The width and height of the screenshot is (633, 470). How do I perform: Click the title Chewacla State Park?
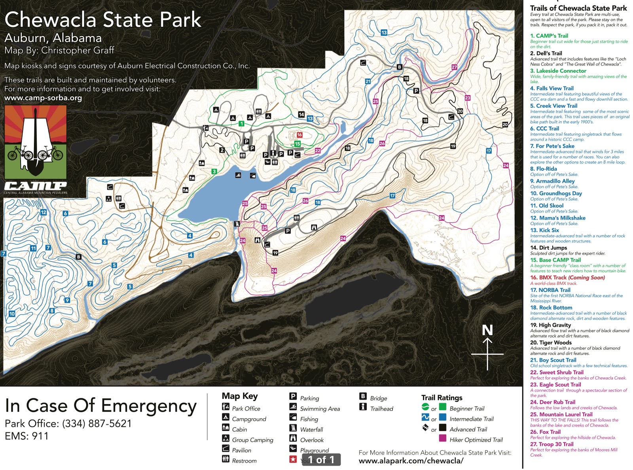click(103, 20)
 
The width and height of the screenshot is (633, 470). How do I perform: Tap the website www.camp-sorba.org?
click(43, 98)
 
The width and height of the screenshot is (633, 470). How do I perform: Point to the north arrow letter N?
click(487, 330)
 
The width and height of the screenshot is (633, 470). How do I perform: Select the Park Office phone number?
click(97, 423)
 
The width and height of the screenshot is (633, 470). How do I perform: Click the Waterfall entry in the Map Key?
click(311, 429)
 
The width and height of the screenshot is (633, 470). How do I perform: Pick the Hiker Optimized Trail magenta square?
click(443, 438)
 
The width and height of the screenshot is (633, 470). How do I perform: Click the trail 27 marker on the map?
click(454, 67)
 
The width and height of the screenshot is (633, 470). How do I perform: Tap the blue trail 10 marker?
click(12, 314)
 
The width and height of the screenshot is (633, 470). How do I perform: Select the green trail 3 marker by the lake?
click(214, 171)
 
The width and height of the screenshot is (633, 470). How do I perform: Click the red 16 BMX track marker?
click(299, 135)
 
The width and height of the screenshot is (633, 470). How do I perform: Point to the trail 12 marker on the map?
click(44, 212)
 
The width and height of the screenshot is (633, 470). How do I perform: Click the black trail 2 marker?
click(222, 150)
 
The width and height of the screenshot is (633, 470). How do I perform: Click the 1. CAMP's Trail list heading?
click(549, 36)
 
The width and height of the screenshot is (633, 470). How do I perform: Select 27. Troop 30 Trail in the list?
click(552, 444)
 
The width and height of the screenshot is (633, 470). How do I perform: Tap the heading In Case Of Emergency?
click(100, 406)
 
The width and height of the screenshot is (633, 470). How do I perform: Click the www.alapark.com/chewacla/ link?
click(411, 461)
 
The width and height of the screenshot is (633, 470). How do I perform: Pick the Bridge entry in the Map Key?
click(378, 398)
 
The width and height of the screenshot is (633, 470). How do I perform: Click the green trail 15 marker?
click(297, 144)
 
